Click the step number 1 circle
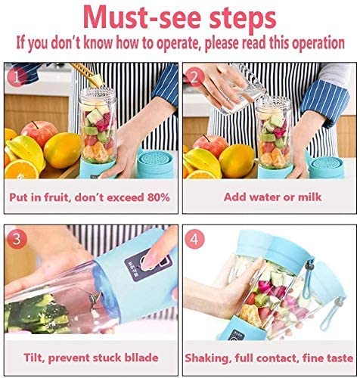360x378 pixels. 17,77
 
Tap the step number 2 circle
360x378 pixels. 194,77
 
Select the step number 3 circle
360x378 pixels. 17,238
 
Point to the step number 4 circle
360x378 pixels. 194,239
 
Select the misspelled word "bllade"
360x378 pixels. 139,358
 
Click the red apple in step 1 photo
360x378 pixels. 39,134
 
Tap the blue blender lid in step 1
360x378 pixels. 155,164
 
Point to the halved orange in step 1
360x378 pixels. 22,169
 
